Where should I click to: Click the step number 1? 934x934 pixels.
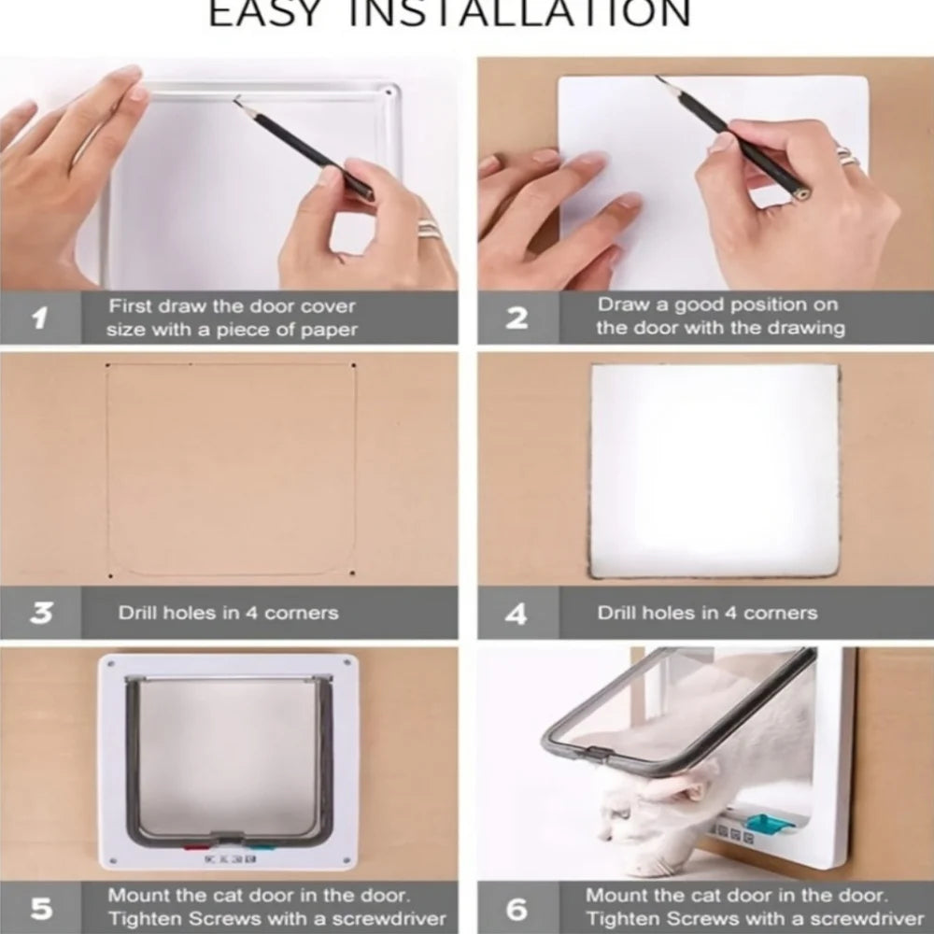click(x=40, y=318)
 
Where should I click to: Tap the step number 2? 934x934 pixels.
click(x=517, y=318)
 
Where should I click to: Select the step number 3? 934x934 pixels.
click(x=40, y=613)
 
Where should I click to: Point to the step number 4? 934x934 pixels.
click(x=516, y=614)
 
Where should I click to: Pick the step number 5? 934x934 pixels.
click(x=41, y=909)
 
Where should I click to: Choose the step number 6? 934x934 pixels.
click(x=517, y=909)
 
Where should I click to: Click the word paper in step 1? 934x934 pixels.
click(x=329, y=331)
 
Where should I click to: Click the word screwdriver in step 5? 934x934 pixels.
click(x=389, y=919)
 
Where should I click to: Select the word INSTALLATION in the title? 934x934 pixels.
click(x=518, y=13)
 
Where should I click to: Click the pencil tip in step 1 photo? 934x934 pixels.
click(x=236, y=100)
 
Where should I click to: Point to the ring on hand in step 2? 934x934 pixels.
click(x=848, y=156)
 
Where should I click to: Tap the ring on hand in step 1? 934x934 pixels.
click(x=429, y=229)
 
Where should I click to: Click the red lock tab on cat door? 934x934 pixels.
click(x=196, y=846)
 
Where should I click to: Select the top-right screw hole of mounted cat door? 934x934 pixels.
click(x=347, y=662)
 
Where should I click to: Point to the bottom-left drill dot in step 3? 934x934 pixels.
click(x=110, y=576)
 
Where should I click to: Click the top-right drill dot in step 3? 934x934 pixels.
click(x=353, y=365)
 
